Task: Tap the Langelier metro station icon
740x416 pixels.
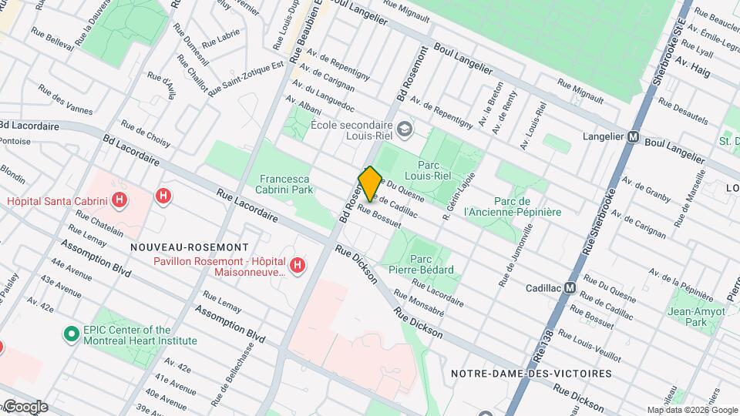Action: pos(634,138)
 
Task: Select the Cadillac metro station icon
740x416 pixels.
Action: pos(570,287)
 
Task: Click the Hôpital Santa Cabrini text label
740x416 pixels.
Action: pos(58,202)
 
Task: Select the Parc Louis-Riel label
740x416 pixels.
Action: pos(434,169)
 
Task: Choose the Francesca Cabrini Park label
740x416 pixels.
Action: pos(286,183)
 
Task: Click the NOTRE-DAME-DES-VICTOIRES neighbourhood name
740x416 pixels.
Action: pos(531,374)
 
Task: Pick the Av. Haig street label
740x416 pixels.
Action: pos(691,69)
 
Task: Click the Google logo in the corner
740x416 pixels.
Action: pos(25,407)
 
